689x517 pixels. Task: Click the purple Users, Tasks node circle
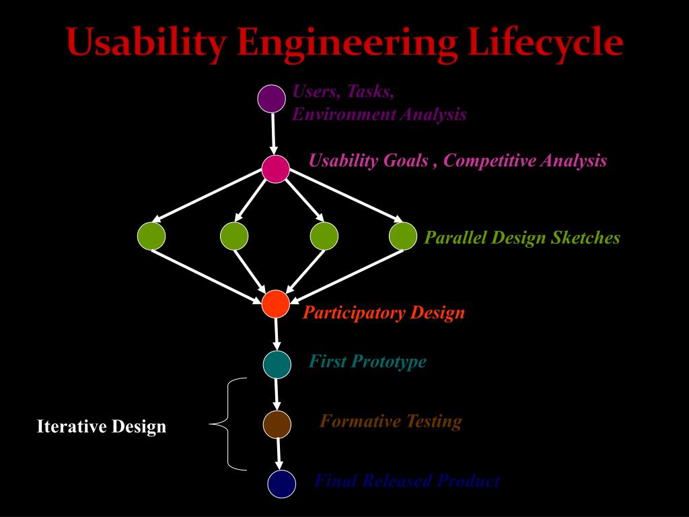[272, 98]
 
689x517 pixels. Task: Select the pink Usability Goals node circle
[275, 168]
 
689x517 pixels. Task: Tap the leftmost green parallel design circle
[151, 236]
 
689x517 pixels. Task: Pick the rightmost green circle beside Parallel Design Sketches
[403, 236]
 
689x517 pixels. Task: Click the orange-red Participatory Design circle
[275, 304]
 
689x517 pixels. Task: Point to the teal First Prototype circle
[277, 364]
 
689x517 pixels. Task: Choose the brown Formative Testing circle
[277, 424]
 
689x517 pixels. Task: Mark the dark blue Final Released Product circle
[281, 484]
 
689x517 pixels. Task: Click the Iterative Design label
[101, 427]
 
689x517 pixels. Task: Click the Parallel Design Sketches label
[522, 238]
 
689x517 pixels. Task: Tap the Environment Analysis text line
[379, 114]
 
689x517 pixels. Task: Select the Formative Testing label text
[390, 422]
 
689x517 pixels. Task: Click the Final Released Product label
[407, 481]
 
